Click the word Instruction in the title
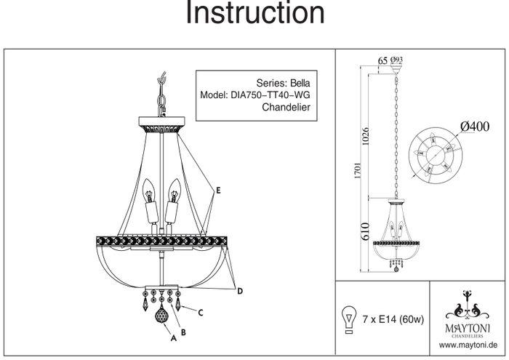tap(254, 14)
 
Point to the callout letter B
tap(183, 332)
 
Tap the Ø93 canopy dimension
tap(397, 60)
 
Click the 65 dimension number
tap(382, 60)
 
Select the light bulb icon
tap(349, 318)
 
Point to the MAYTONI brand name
tap(465, 328)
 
